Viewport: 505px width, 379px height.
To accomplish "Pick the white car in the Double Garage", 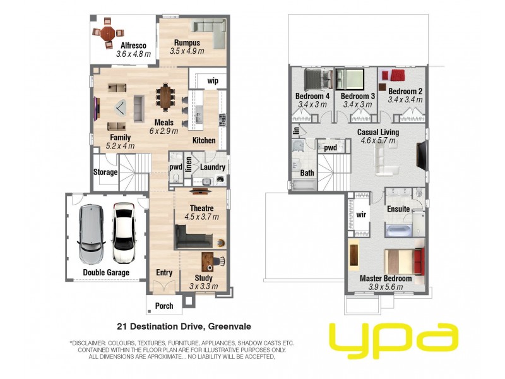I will coord(124,233).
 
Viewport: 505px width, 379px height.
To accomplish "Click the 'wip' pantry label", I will coord(213,81).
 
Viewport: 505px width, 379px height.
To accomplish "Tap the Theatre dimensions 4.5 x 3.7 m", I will coord(201,217).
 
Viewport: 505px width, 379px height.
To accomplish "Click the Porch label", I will coord(163,306).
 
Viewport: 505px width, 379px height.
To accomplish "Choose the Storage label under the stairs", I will coord(105,172).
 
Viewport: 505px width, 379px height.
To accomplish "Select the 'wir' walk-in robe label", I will coord(361,215).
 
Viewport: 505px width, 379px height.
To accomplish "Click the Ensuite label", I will coord(398,208).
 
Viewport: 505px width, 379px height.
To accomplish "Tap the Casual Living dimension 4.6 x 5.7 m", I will coord(377,140).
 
